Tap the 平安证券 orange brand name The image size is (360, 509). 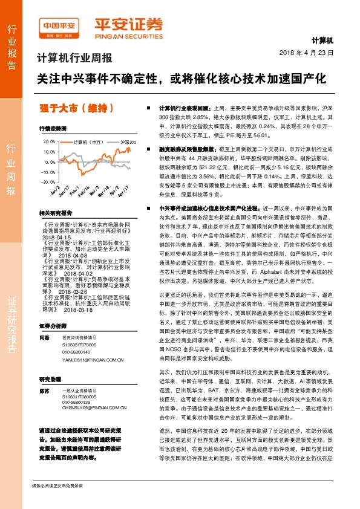click(128, 25)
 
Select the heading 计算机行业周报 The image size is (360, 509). click(76, 59)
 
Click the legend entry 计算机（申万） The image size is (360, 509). click(89, 143)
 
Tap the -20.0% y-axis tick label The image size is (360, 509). click(47, 181)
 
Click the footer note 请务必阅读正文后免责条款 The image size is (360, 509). click(57, 502)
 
